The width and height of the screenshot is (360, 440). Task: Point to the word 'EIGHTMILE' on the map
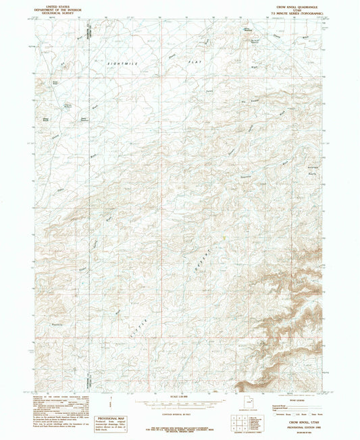(122, 62)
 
